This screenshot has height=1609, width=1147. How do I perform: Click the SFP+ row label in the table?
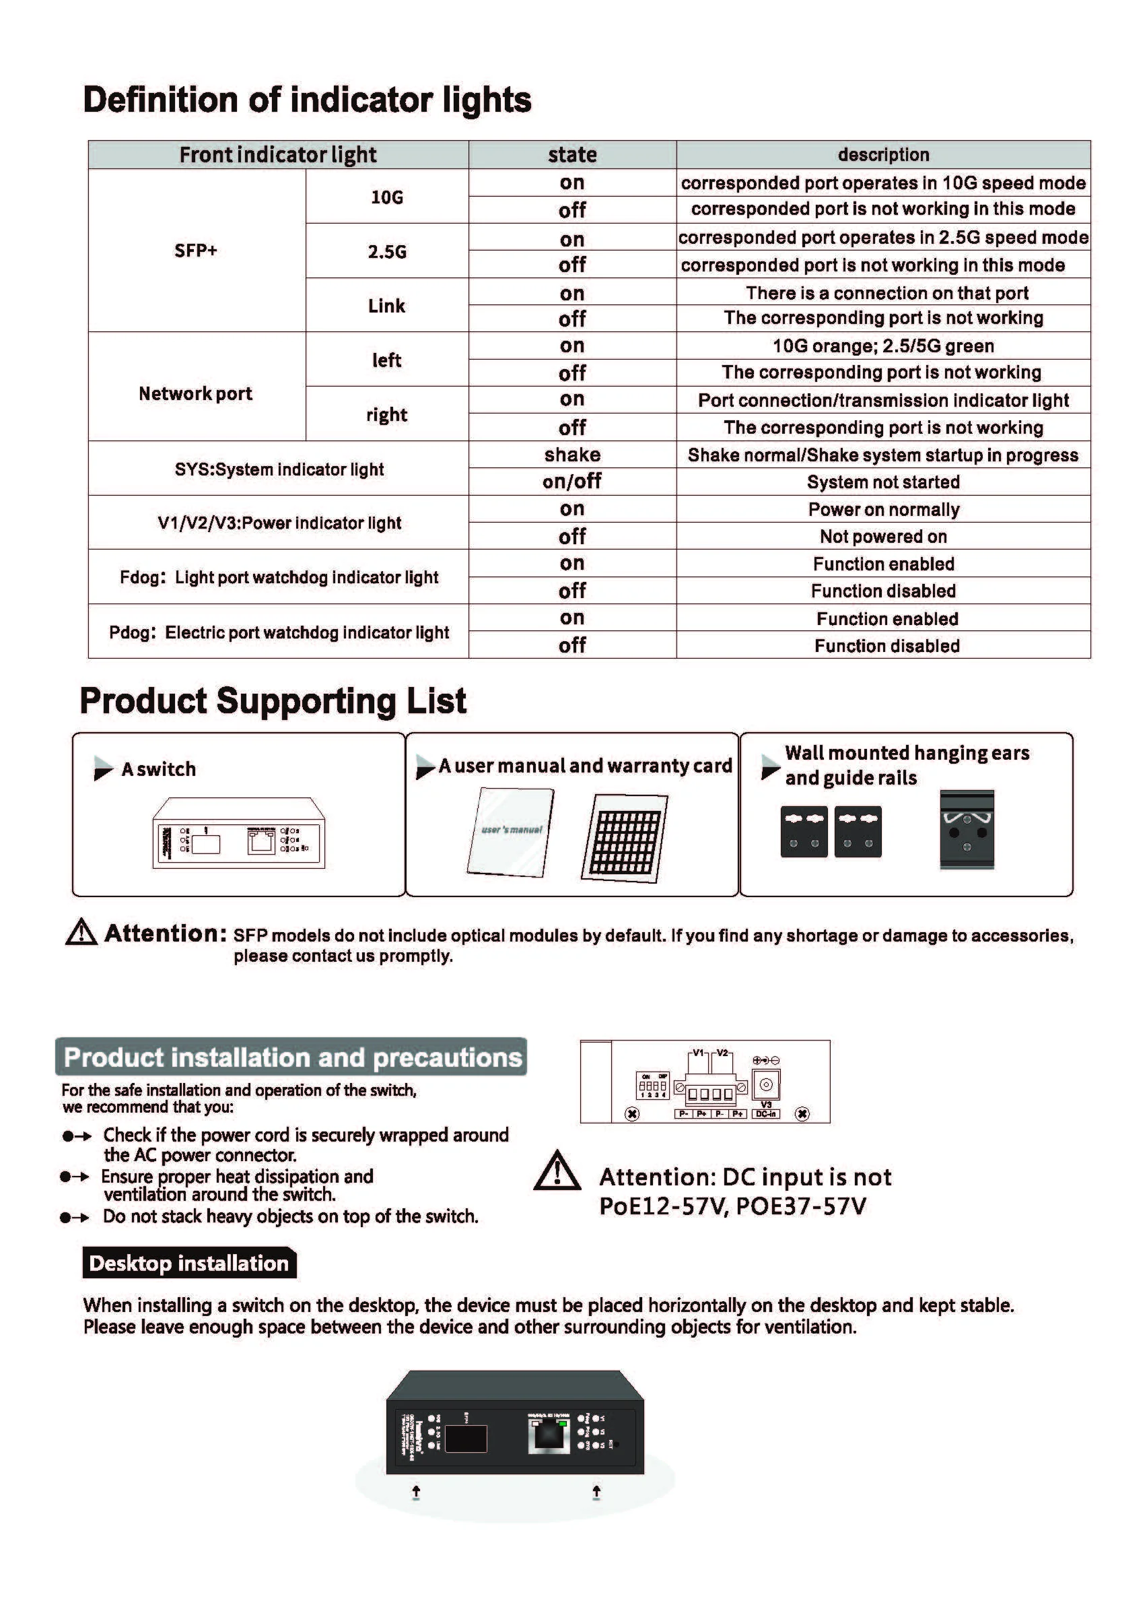tap(196, 251)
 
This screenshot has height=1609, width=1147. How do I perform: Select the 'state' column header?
tap(572, 155)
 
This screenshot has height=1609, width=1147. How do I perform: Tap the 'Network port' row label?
tap(196, 393)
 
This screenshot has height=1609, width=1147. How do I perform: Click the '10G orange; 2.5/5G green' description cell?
tap(883, 346)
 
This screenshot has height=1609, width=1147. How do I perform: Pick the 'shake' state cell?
tap(572, 455)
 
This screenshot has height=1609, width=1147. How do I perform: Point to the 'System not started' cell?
tap(883, 482)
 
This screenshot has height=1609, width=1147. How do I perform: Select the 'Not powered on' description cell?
tap(883, 536)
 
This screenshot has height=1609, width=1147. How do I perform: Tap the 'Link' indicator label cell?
tap(386, 306)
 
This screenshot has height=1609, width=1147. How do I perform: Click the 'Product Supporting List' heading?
tap(273, 701)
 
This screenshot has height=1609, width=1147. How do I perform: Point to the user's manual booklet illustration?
tap(511, 832)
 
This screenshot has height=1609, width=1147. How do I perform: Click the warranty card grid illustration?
tap(625, 838)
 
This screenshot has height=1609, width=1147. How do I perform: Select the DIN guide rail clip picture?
tap(966, 830)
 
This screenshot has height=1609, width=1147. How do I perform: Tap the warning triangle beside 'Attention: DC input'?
tap(557, 1172)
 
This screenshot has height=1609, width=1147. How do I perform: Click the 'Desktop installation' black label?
tap(189, 1263)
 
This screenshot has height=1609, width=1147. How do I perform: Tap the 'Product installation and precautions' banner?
tap(291, 1057)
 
